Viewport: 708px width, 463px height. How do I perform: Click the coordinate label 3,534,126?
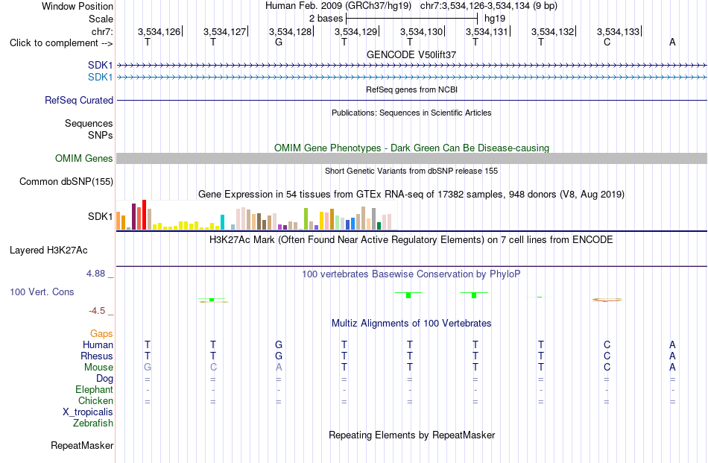tap(159, 31)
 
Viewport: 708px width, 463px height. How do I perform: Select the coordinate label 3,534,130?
tap(421, 31)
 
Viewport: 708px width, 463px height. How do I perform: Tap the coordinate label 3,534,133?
tap(618, 31)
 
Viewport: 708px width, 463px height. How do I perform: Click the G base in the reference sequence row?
tap(279, 42)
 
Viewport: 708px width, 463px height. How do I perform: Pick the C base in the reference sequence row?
tap(607, 42)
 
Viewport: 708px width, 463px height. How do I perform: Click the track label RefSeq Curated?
tap(79, 100)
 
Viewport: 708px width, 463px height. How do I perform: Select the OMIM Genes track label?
tap(84, 159)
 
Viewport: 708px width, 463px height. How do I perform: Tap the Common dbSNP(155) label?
tap(66, 182)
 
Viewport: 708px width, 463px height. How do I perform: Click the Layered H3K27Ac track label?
tap(48, 251)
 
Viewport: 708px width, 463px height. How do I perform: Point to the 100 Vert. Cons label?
tap(42, 292)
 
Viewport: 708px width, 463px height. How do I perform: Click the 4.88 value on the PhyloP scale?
tap(95, 274)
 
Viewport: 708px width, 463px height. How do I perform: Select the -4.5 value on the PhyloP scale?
tap(97, 311)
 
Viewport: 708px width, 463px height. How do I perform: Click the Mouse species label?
tap(98, 368)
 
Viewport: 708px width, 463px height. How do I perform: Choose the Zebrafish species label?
tap(93, 423)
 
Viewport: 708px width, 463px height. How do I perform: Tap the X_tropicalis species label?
tap(88, 412)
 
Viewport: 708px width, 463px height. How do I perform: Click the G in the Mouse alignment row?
tap(148, 368)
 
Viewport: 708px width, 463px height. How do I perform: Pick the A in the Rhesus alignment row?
tap(672, 356)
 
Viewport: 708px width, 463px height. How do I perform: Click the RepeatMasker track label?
tap(82, 445)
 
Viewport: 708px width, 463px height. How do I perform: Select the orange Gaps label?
tap(101, 334)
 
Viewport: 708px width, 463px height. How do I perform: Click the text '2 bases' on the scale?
tap(326, 19)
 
